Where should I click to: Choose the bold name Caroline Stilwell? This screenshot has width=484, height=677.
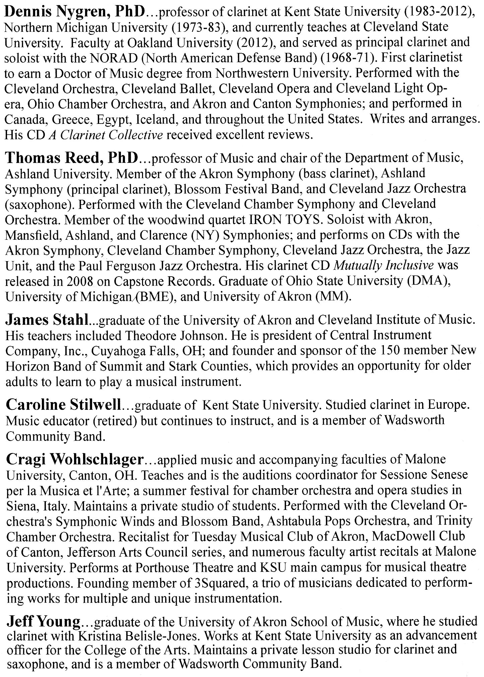(x=63, y=405)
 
